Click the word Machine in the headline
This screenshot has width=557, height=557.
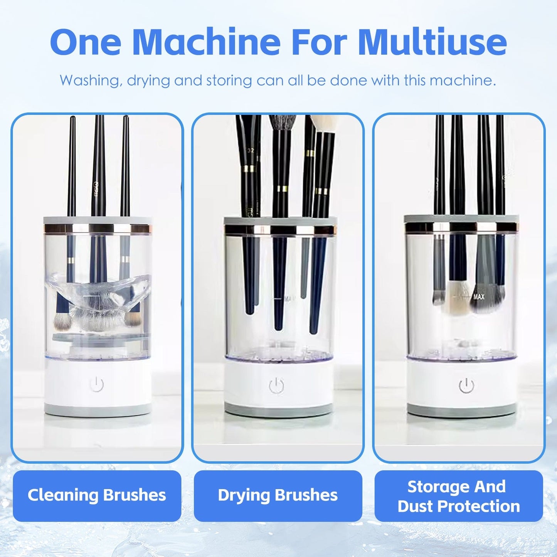point(206,42)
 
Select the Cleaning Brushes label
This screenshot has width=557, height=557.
point(97,495)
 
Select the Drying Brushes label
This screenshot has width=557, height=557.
point(278,495)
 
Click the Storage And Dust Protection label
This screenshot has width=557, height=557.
point(458,496)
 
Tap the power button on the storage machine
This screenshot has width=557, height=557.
point(466,385)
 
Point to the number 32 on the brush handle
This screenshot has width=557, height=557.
point(251,150)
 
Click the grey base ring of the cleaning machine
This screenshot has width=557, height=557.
point(97,409)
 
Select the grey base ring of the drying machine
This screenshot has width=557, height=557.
point(278,410)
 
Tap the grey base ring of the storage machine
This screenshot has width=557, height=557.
point(461,410)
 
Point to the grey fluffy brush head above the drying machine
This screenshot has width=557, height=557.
point(282,123)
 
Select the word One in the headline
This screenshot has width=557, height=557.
point(86,42)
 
